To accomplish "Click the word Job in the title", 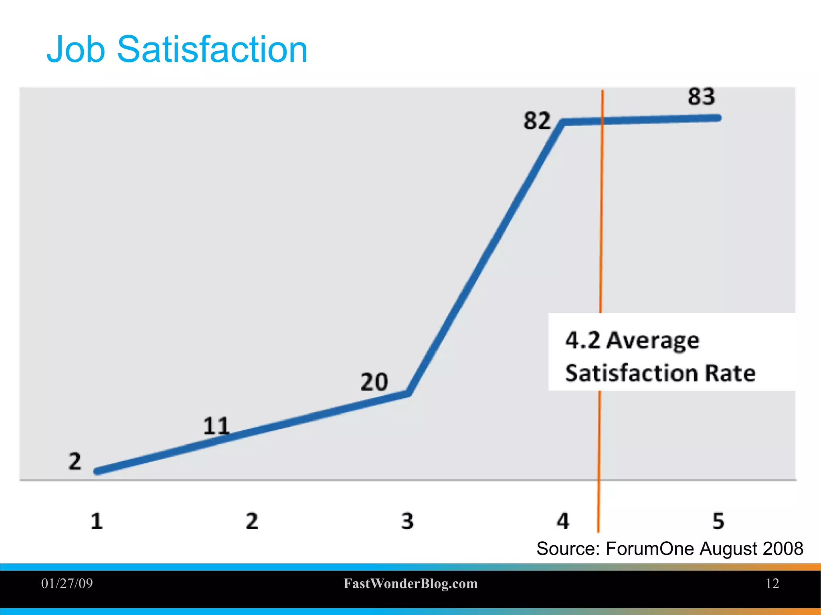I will pos(76,50).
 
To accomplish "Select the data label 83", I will pos(701,97).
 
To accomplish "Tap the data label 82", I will pos(537,121).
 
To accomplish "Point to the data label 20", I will pos(374,382).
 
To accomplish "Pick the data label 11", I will pos(216,426).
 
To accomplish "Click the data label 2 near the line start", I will pos(75,461).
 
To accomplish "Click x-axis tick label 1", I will pos(97,522).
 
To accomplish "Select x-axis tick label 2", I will pos(252,522).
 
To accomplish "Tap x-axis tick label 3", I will pos(407,522).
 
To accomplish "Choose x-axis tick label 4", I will pos(563,522).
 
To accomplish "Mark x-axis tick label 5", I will pos(718,522).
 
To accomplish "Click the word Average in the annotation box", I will pos(653,341).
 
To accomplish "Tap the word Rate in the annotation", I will pos(730,373).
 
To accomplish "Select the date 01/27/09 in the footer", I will pos(67,583).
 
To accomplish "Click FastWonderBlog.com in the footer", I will pos(410,584).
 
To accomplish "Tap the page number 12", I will pos(772,583).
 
